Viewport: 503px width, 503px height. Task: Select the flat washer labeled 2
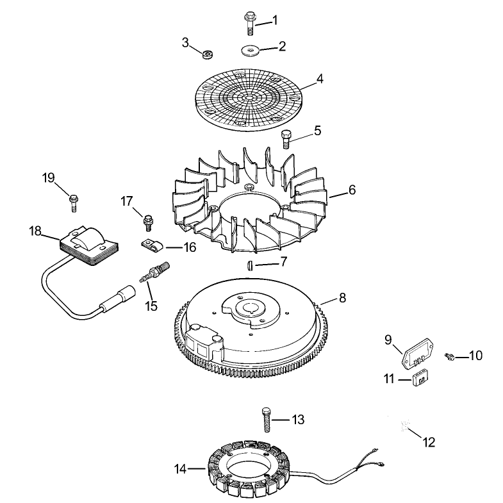point(250,51)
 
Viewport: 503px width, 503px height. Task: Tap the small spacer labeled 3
point(208,54)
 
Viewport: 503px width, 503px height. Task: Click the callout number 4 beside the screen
point(320,79)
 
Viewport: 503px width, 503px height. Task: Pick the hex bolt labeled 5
point(286,138)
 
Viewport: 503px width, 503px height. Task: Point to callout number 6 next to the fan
point(352,190)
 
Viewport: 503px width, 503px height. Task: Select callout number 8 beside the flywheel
point(343,298)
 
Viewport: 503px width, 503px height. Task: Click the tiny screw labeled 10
point(449,356)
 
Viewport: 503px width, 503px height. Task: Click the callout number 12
point(429,442)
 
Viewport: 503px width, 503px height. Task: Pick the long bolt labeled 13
point(267,419)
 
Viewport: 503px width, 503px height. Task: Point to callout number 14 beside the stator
point(180,468)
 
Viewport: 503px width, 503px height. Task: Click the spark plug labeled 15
point(154,272)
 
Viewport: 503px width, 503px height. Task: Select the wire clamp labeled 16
point(152,246)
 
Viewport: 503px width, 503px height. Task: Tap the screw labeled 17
point(147,222)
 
